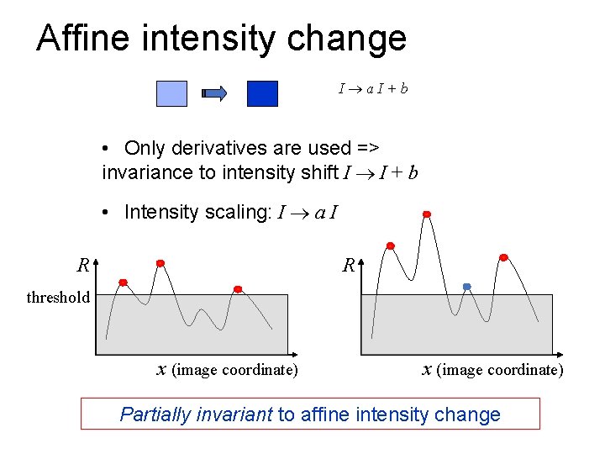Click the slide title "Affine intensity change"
click(221, 39)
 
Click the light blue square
click(171, 92)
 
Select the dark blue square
click(262, 92)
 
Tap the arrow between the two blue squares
click(215, 93)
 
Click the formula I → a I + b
click(373, 87)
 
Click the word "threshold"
click(58, 297)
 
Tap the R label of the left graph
click(83, 267)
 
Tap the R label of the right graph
click(349, 267)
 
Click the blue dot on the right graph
click(467, 287)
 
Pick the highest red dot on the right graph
click(427, 214)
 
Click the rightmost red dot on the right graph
click(503, 257)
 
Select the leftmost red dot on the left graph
click(123, 282)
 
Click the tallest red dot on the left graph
click(160, 262)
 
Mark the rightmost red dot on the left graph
click(238, 288)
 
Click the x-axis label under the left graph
click(228, 370)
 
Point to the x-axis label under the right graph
click(492, 370)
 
